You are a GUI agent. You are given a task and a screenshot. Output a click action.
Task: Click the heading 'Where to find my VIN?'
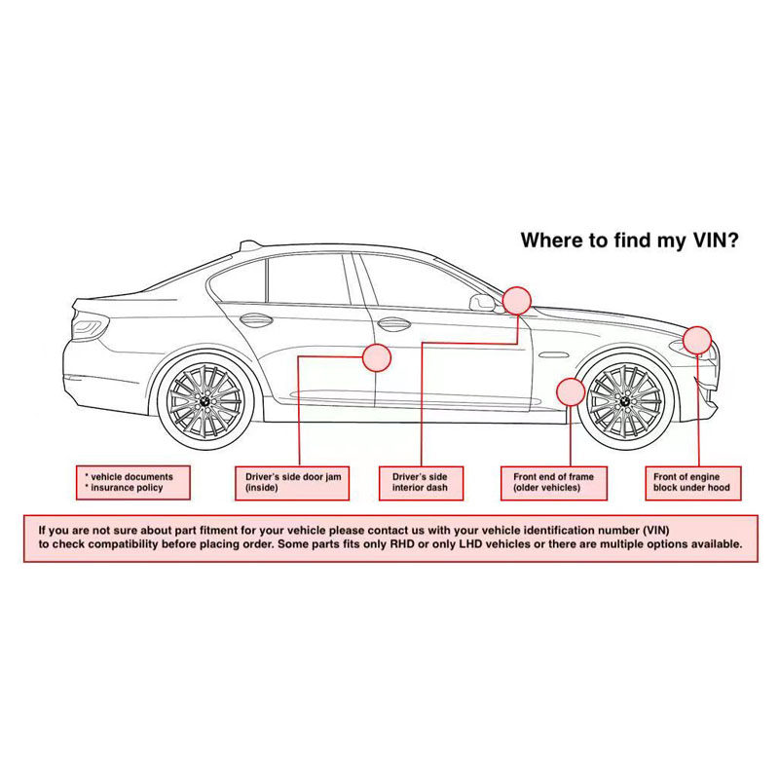pos(629,240)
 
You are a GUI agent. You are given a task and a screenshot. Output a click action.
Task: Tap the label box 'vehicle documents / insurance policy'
pos(132,482)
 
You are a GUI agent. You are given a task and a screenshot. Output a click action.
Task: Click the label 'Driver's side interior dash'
pos(421,482)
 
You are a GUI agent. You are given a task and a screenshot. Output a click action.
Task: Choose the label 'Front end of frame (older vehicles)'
pos(553,482)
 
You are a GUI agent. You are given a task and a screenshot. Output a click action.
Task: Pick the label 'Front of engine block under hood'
pos(691,482)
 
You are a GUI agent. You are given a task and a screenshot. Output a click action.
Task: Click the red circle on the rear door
pos(376,357)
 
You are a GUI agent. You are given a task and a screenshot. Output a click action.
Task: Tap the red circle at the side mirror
pos(516,299)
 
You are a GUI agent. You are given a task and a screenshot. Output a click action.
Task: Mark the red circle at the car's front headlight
pos(696,340)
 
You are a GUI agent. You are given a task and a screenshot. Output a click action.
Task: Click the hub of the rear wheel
pos(205,402)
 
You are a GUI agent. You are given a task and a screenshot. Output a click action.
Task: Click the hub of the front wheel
pos(623,402)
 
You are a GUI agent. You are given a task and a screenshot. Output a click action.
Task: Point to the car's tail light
pos(89,326)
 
